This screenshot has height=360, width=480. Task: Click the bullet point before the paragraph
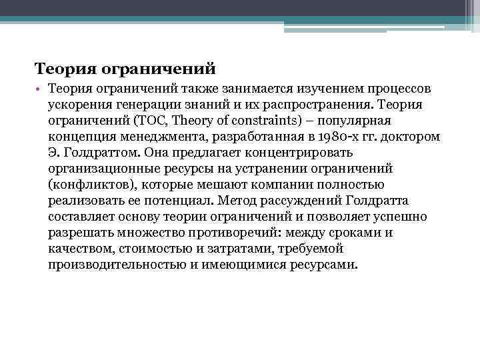pos(39,89)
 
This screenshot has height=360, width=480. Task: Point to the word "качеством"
pos(79,248)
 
